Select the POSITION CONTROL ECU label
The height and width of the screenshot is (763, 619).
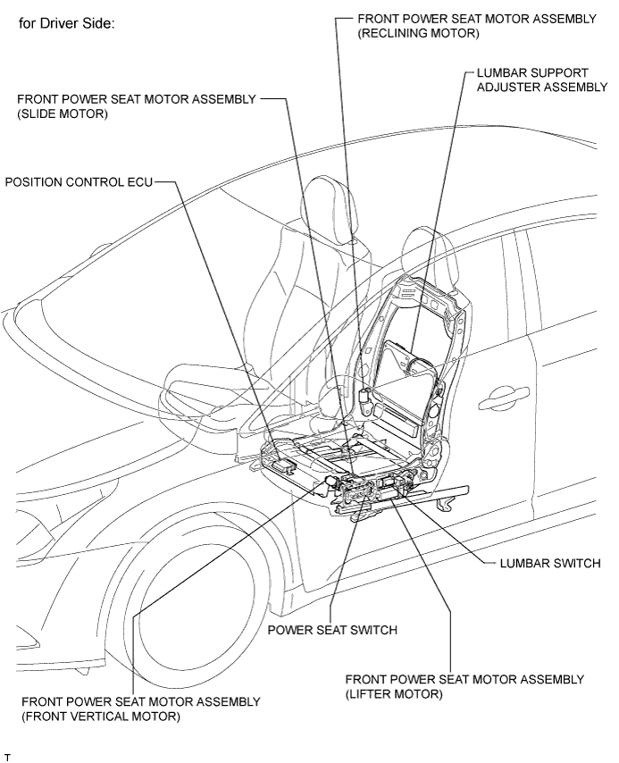click(x=79, y=182)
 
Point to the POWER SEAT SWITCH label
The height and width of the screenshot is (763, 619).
click(x=332, y=629)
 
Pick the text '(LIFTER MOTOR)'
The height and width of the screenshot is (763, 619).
click(x=394, y=693)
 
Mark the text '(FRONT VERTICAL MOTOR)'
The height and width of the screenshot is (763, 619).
click(x=100, y=717)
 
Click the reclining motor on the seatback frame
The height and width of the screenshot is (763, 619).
click(x=364, y=394)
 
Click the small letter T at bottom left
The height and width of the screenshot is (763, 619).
click(x=7, y=757)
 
